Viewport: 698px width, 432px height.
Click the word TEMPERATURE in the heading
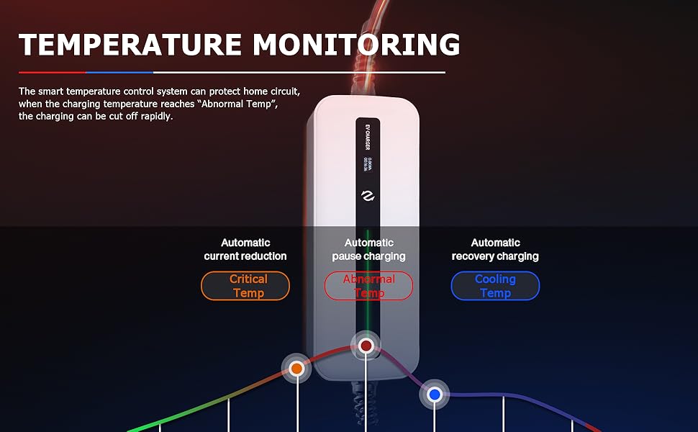pyautogui.click(x=130, y=45)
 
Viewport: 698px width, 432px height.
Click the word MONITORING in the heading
pyautogui.click(x=357, y=45)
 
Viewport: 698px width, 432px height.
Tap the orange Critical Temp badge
pyautogui.click(x=245, y=286)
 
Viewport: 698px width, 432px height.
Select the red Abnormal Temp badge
pyautogui.click(x=368, y=286)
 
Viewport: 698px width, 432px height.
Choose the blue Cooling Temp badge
pyautogui.click(x=495, y=286)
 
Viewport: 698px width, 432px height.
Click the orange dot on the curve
pyautogui.click(x=296, y=369)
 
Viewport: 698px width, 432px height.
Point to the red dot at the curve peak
pyautogui.click(x=366, y=346)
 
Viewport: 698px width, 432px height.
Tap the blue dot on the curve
pyautogui.click(x=434, y=395)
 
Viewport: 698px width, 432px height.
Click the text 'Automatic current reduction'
pyautogui.click(x=245, y=250)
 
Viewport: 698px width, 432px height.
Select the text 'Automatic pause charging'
pyautogui.click(x=368, y=250)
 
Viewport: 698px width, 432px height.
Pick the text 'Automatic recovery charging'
pyautogui.click(x=495, y=250)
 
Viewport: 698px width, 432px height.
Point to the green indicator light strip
pyautogui.click(x=368, y=266)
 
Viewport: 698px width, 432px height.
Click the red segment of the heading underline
pyautogui.click(x=52, y=72)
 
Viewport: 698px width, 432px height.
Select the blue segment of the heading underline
pyautogui.click(x=119, y=72)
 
